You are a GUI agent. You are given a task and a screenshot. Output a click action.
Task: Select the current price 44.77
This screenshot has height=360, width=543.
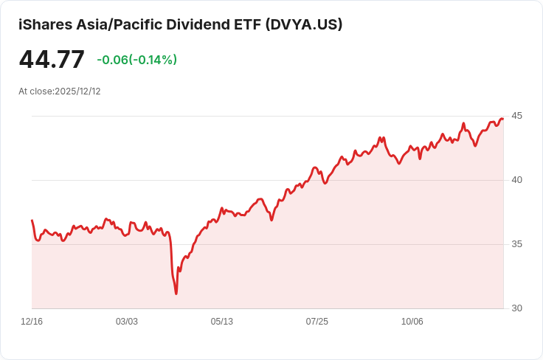(52, 60)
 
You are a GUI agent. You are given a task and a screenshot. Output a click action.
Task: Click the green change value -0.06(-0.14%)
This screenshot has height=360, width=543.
(136, 60)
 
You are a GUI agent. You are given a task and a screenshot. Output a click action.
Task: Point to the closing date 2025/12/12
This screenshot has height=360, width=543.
(77, 91)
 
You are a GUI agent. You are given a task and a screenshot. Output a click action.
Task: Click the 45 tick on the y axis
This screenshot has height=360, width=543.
(516, 116)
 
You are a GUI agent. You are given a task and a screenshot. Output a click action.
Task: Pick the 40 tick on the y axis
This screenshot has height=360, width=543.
(516, 180)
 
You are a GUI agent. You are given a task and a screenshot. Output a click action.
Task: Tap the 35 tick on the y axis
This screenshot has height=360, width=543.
(516, 244)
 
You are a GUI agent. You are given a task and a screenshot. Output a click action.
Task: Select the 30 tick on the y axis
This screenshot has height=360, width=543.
(516, 308)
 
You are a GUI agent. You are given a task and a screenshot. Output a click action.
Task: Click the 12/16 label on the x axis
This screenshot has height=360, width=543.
(32, 322)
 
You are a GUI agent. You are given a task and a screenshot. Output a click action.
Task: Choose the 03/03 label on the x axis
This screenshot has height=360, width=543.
(127, 322)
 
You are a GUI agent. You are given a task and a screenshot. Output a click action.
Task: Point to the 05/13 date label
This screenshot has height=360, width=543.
(222, 322)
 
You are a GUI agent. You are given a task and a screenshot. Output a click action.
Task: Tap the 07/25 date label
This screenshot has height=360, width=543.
(317, 322)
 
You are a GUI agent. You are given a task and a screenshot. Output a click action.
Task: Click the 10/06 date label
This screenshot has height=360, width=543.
(412, 322)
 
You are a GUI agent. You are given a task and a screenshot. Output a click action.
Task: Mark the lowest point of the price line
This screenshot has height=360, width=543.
(176, 294)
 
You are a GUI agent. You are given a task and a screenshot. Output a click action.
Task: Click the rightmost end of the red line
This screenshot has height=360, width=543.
(503, 119)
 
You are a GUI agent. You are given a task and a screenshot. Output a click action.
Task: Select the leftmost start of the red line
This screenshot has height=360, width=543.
(32, 220)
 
